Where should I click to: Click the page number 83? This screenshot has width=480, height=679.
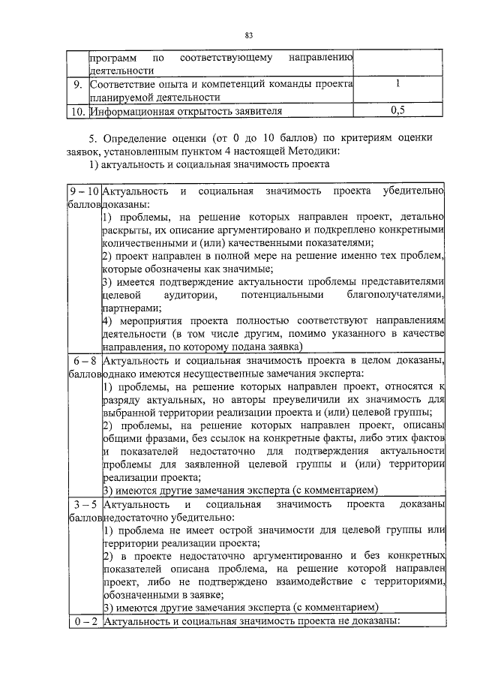click(x=249, y=35)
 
